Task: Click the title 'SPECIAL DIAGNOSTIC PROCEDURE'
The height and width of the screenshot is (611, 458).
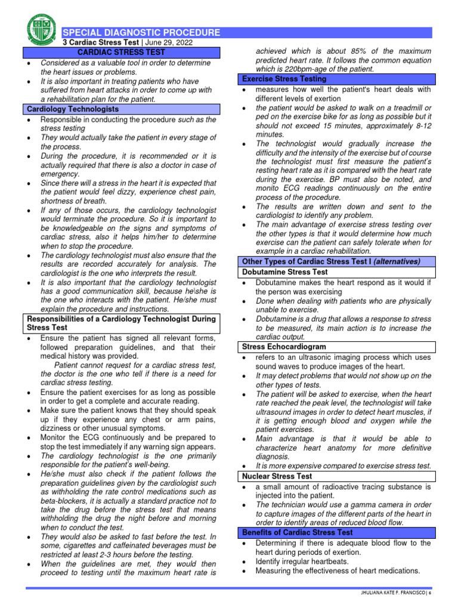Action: tap(141, 33)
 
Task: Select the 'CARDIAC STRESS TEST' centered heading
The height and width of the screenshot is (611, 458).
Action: tap(122, 53)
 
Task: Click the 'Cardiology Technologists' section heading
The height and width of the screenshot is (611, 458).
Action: tap(73, 109)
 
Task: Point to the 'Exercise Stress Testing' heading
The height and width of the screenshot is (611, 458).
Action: tap(283, 79)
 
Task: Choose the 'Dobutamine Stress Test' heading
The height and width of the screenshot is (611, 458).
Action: tap(284, 271)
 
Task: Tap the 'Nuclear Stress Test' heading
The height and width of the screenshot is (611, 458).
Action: tap(277, 476)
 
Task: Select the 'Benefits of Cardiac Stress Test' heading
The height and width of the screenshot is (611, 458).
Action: tap(297, 532)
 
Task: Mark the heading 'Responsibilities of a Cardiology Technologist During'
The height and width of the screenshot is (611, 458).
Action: tap(122, 319)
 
